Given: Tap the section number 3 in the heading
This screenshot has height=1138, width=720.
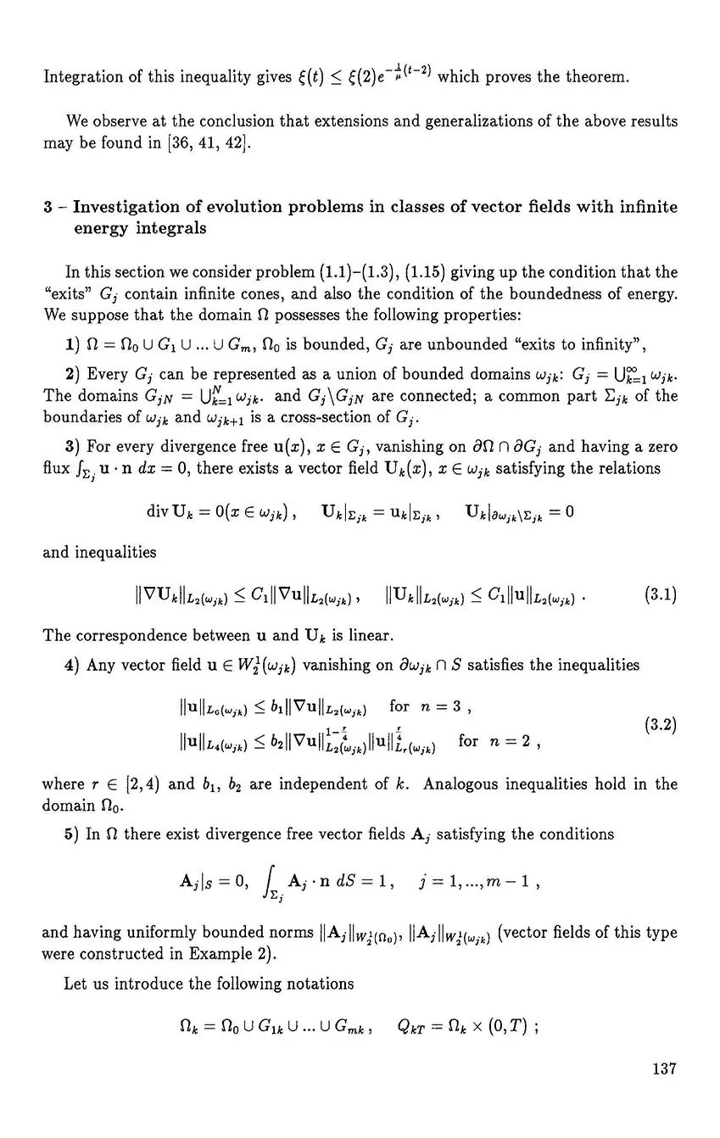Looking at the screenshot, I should (47, 207).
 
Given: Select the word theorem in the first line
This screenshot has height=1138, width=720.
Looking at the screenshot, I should (598, 78).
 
